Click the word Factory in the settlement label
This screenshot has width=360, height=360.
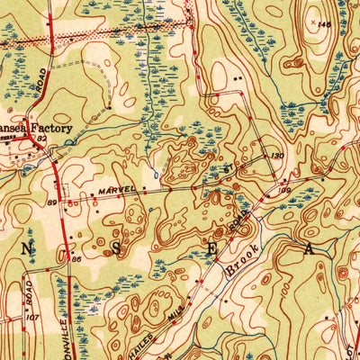[52, 129]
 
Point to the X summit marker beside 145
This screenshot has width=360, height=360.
[313, 21]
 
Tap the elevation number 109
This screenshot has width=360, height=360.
[284, 189]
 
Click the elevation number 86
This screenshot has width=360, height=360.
[77, 260]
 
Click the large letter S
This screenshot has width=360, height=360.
[117, 251]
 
